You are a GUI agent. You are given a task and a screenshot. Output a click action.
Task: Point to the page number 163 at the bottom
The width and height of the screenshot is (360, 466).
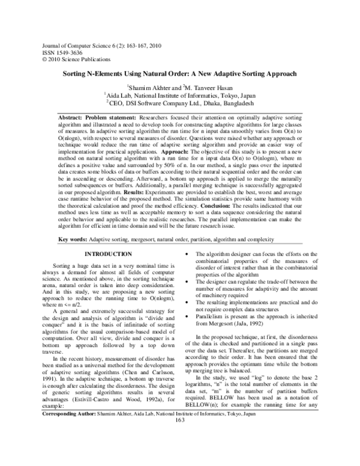(x=179, y=453)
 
